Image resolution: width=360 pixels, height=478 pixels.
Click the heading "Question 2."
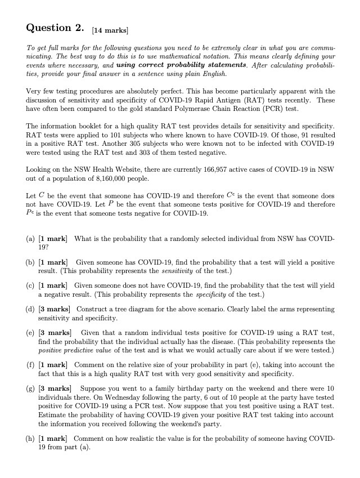55,28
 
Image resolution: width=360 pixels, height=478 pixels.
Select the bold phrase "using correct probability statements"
173,65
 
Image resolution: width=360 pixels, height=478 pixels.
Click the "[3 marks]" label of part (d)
55,310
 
